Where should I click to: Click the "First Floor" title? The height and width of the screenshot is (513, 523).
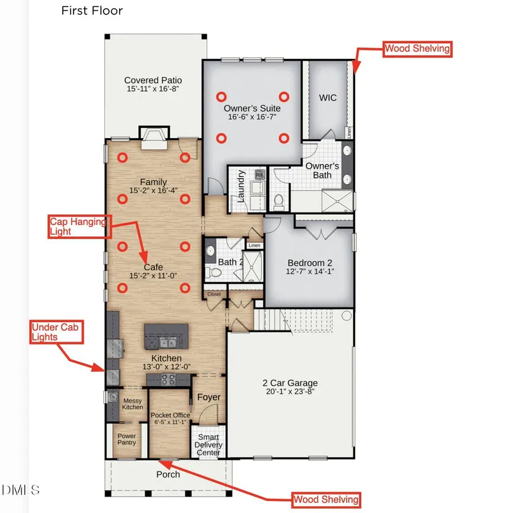tap(92, 11)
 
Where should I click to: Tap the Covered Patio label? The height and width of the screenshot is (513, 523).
tap(153, 81)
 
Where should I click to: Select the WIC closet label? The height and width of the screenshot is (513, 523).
tap(328, 98)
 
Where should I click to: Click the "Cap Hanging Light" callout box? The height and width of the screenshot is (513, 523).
tap(79, 226)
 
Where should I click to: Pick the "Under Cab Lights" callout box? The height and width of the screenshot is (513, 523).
tap(56, 332)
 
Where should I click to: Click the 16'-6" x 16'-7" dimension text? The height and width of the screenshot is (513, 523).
tap(252, 117)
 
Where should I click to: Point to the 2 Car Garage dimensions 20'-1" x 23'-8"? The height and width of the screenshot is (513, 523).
tap(290, 391)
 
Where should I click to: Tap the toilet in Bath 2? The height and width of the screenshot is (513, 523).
tap(214, 273)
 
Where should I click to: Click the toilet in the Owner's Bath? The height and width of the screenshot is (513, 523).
tap(278, 201)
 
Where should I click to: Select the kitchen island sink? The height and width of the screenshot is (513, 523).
tap(168, 342)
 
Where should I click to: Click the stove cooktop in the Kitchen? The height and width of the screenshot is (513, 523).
tap(168, 380)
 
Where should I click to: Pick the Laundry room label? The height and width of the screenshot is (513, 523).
tap(241, 186)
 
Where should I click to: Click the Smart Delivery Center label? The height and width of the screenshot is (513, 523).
tap(209, 445)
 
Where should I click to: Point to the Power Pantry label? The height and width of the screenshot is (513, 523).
tap(127, 439)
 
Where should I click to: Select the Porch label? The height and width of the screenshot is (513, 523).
tap(168, 474)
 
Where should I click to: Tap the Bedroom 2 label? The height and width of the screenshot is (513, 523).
tap(310, 263)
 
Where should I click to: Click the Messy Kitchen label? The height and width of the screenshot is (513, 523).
tap(132, 404)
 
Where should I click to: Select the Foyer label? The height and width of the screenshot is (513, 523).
tap(209, 397)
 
